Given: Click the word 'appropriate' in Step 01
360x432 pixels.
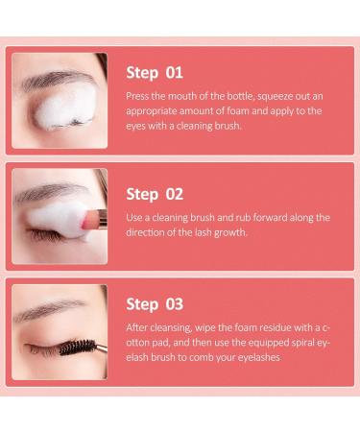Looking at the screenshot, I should click(158, 110).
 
